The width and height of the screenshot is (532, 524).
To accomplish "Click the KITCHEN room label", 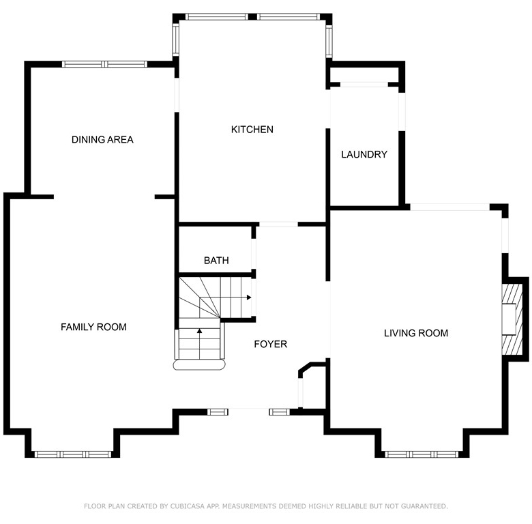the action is pos(252,130).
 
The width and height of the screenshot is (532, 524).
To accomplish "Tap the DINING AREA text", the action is pos(102,139).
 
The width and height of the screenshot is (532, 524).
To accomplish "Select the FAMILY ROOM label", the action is pos(93,327).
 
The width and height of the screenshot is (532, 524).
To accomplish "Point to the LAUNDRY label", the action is pos(364,154).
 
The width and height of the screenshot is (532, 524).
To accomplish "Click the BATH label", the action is pos(216,261).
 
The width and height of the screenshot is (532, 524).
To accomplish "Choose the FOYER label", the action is pos(270,344).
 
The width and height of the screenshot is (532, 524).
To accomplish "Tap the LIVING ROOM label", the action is pos(416,333).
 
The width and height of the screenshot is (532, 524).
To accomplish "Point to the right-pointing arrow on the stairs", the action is pos(249,297).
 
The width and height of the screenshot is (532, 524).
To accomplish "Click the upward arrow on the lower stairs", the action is pos(199,330).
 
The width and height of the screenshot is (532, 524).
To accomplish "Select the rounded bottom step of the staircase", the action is pos(199,365).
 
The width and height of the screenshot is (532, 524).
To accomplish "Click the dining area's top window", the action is pos(104,64).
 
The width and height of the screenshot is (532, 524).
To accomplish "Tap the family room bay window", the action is pos(73,454).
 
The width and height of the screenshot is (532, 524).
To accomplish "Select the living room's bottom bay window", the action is pos(422,454).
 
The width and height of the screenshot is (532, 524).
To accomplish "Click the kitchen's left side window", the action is pos(175,40).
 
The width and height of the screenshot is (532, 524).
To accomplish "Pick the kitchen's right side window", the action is pos(329,41).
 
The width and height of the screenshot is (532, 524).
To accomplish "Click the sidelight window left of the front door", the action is pos(218,412).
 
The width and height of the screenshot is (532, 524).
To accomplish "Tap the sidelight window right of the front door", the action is pos(280,412).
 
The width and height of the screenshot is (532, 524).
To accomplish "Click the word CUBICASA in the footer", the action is pos(188,506).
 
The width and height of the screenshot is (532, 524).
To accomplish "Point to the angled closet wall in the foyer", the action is pos(305,368).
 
